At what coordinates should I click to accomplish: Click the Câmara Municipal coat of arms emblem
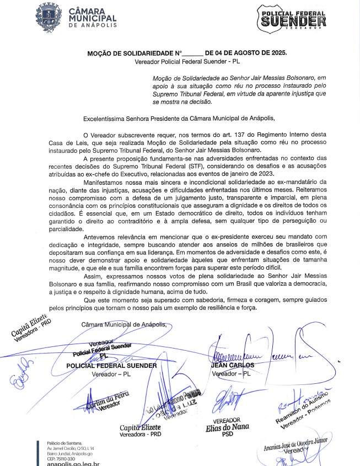pyautogui.click(x=51, y=17)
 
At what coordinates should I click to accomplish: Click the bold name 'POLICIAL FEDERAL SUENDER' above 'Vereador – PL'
pyautogui.click(x=111, y=365)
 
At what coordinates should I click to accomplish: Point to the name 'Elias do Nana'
pyautogui.click(x=227, y=427)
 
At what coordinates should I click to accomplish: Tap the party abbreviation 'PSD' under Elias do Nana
pyautogui.click(x=227, y=435)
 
